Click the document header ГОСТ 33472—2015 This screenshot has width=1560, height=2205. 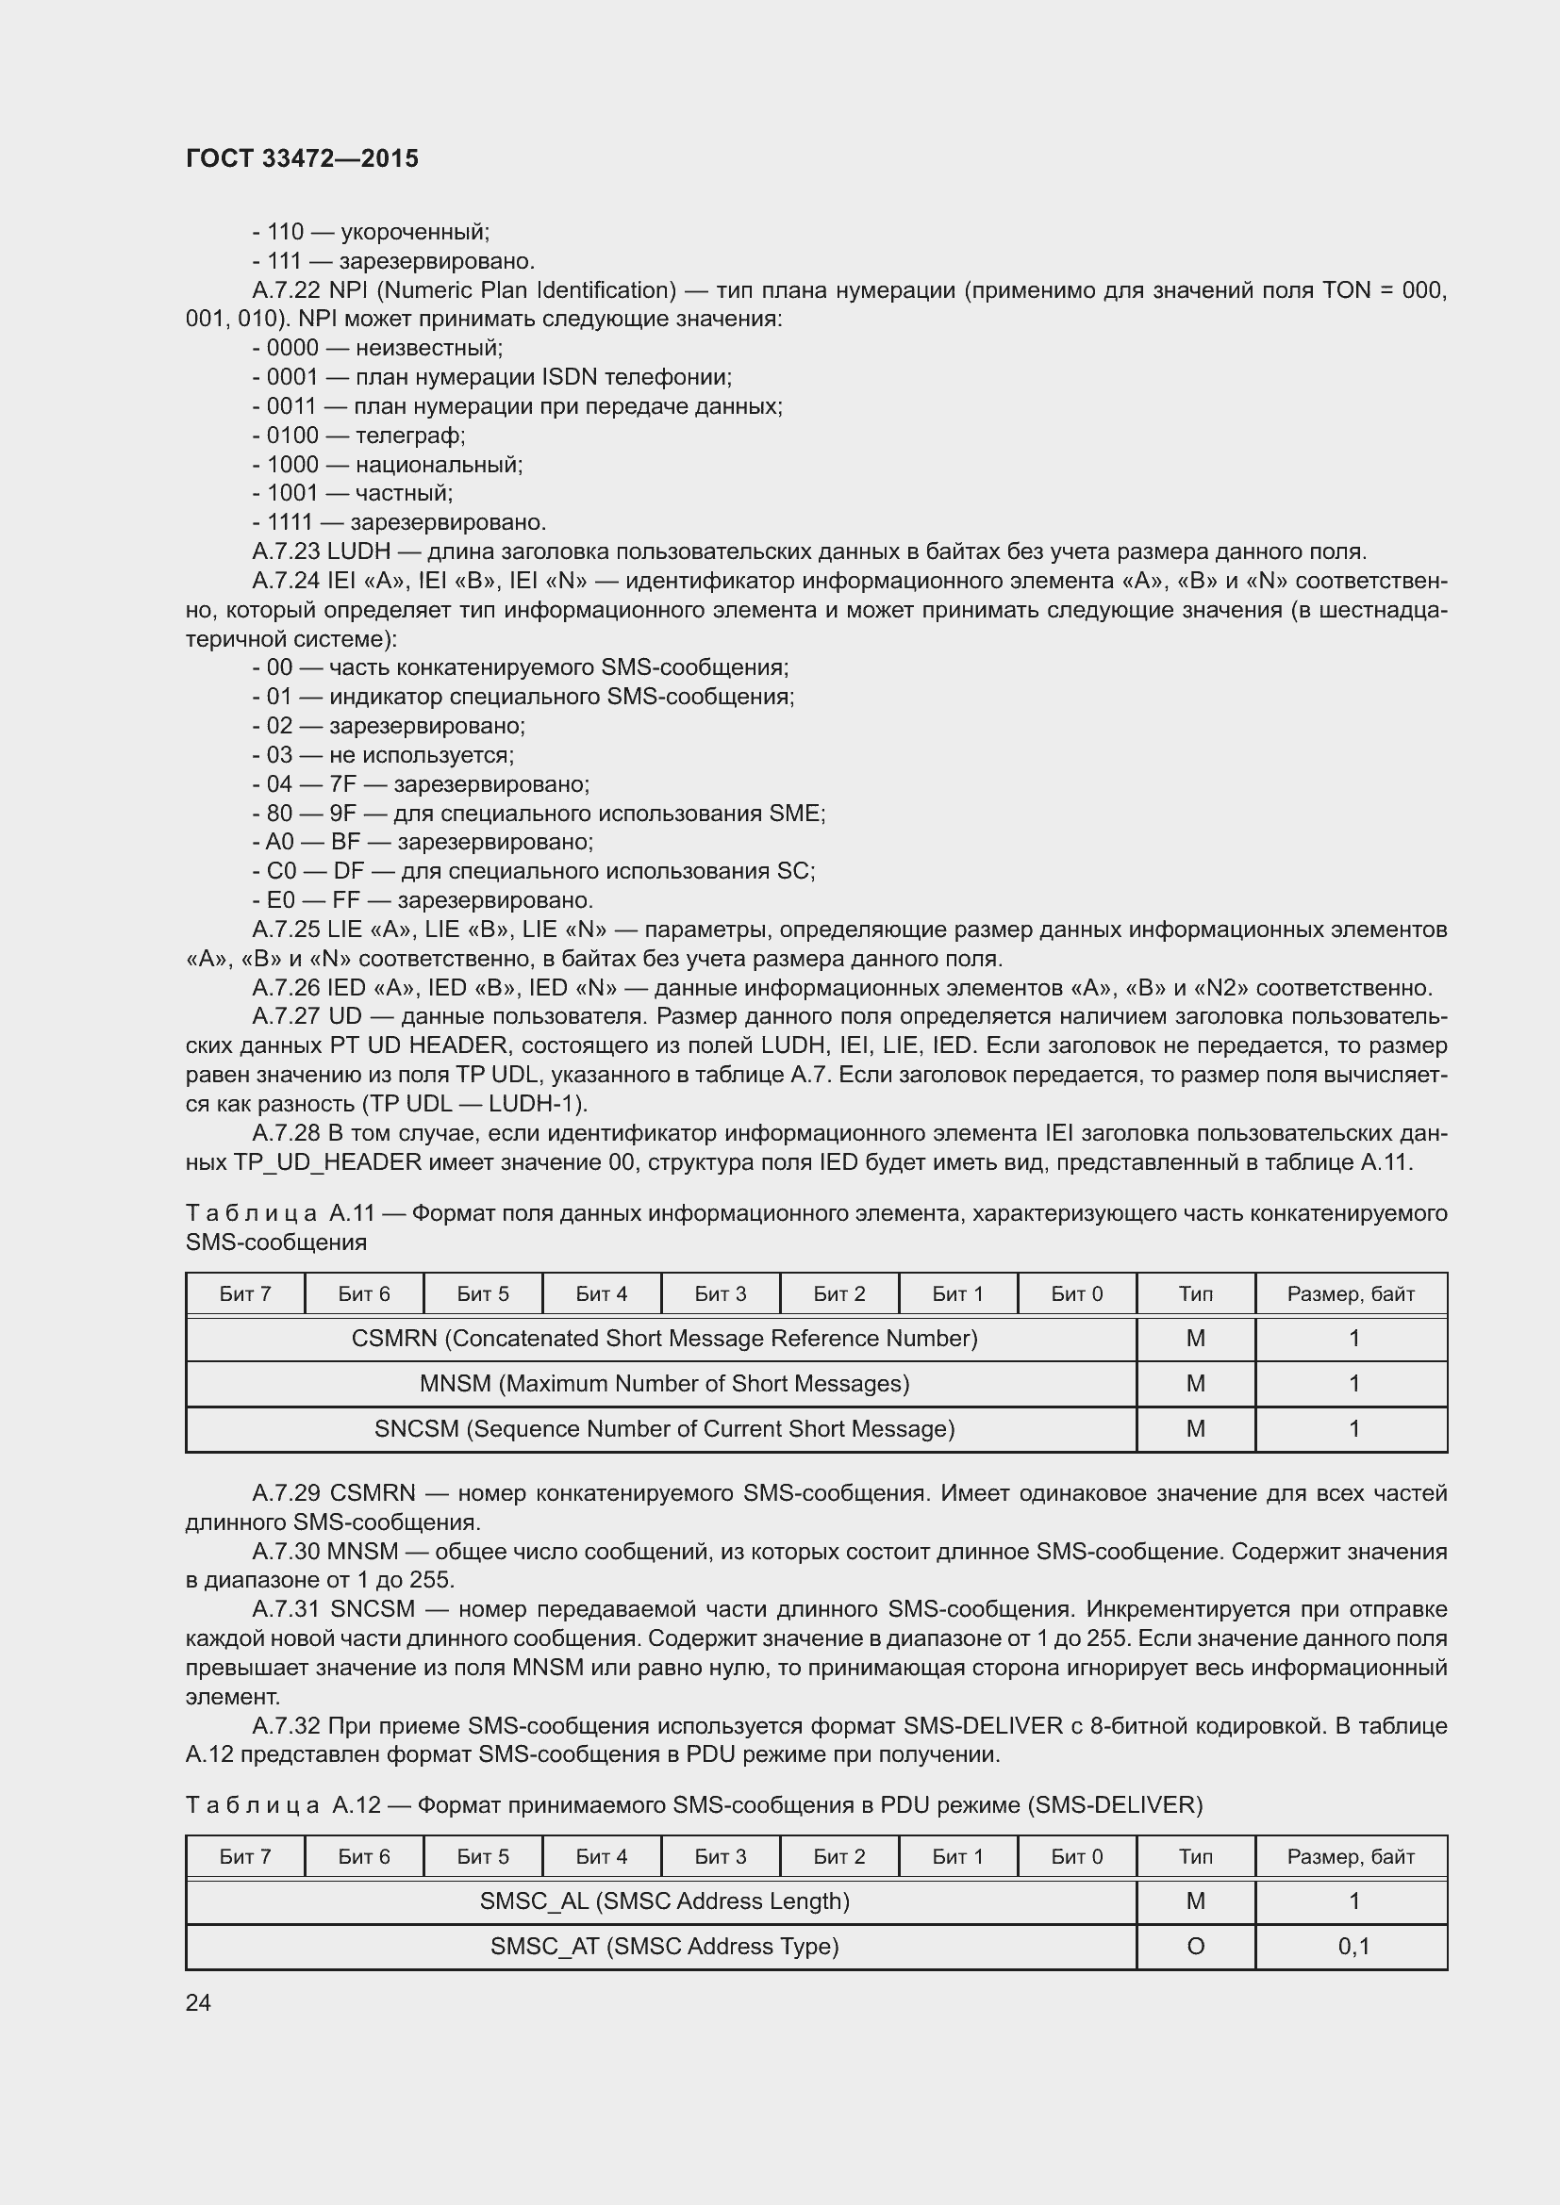(302, 158)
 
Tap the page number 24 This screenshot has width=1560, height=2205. (198, 2001)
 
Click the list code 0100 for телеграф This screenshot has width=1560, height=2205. (292, 435)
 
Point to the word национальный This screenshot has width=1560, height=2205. (438, 465)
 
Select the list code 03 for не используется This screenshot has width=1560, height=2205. (278, 755)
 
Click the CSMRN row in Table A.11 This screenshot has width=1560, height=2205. (664, 1338)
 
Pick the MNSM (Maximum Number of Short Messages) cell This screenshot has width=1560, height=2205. (664, 1383)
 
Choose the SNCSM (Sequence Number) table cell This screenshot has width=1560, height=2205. (664, 1428)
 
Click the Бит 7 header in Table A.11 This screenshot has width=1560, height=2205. (245, 1293)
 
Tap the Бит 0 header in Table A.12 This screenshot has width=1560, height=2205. (1076, 1856)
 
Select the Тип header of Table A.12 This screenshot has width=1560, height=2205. (1195, 1856)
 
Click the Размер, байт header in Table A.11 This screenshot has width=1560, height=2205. (1351, 1293)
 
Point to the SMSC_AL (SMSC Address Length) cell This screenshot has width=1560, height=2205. (664, 1901)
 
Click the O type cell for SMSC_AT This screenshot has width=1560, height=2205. (1195, 1946)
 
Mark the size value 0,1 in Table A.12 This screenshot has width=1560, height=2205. (1353, 1946)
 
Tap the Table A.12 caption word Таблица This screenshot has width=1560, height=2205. (252, 1804)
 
